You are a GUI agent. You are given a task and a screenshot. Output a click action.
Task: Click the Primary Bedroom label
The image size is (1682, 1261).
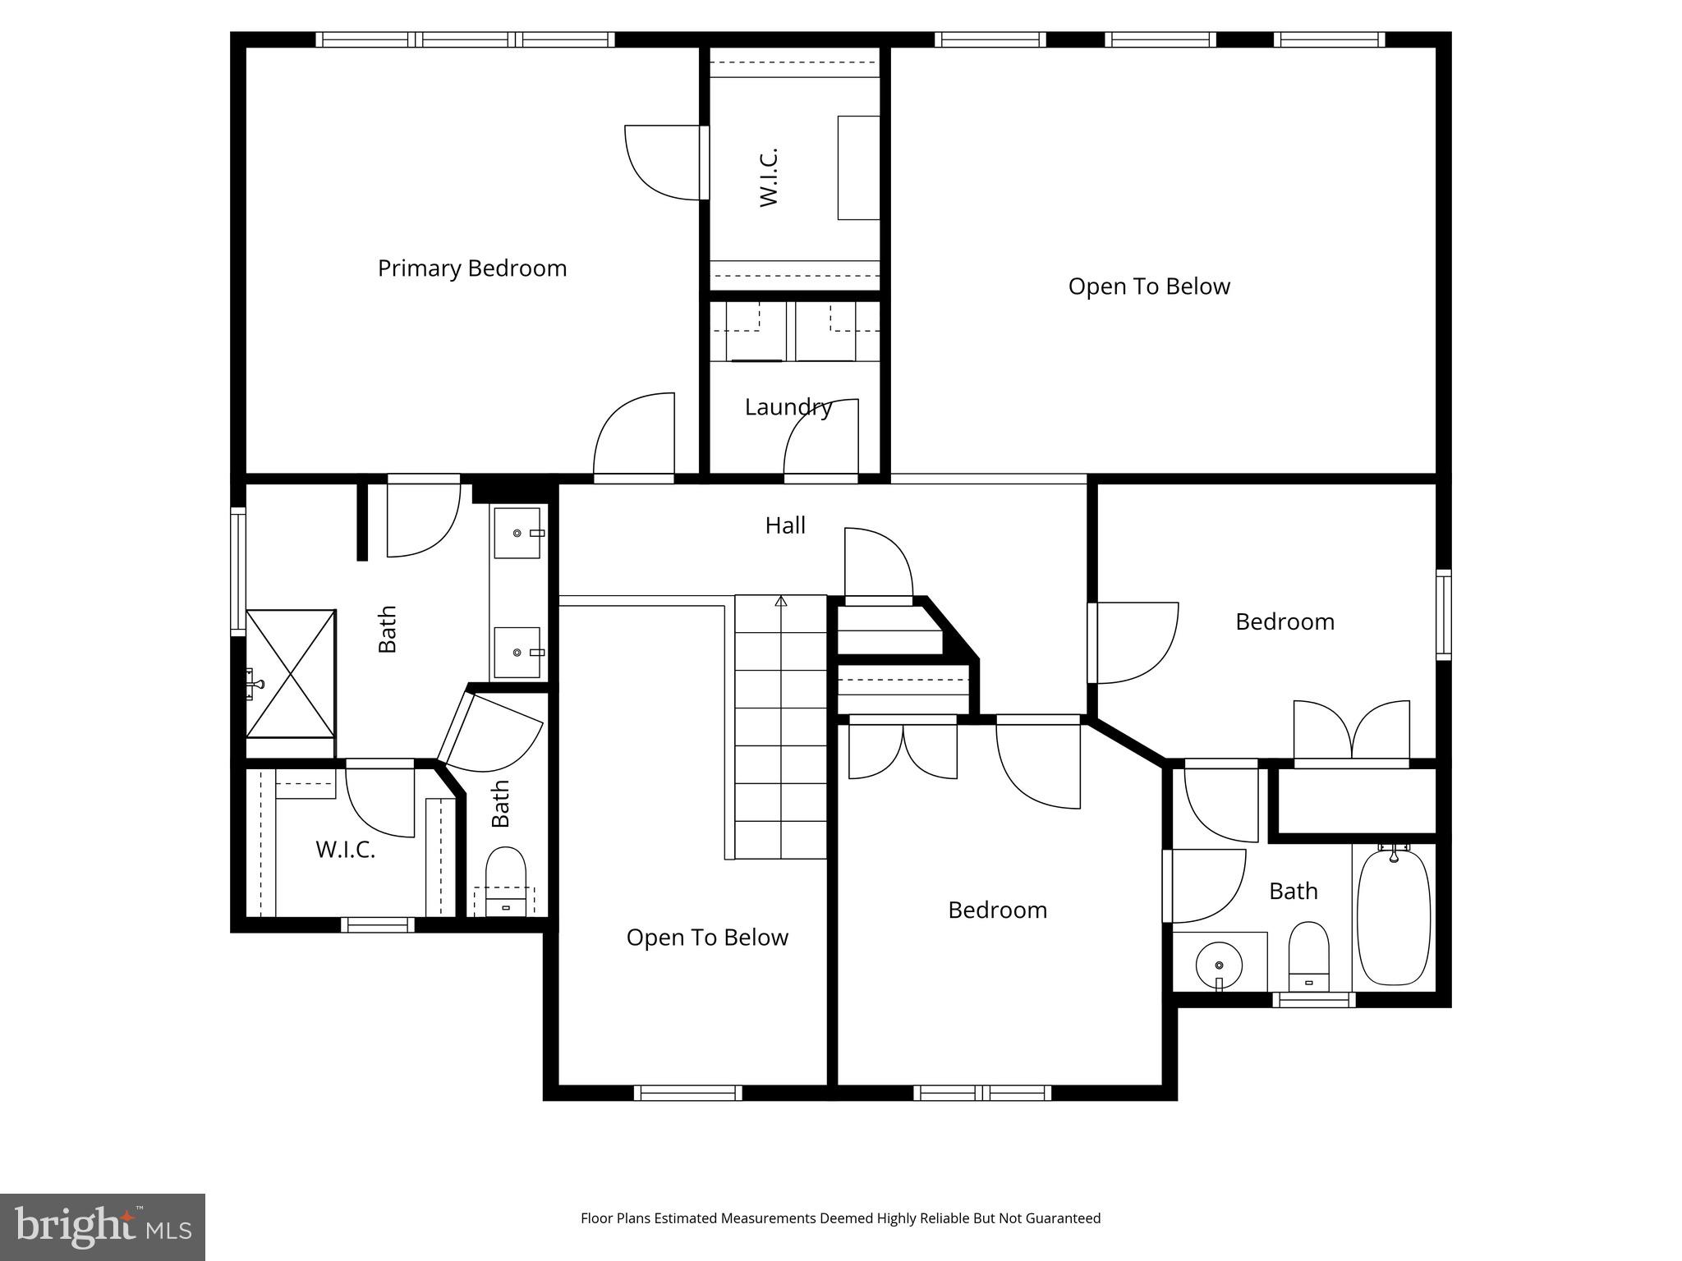(x=471, y=268)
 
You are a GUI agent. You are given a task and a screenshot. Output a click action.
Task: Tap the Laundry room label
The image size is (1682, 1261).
(x=788, y=407)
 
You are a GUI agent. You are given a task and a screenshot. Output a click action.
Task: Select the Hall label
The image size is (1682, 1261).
(x=785, y=525)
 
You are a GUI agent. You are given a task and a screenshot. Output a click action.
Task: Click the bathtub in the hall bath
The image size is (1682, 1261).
(x=1393, y=917)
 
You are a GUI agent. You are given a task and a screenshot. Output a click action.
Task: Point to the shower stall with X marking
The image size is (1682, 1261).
(x=292, y=673)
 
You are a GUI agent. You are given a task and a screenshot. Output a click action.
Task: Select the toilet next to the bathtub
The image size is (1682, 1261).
(x=1308, y=956)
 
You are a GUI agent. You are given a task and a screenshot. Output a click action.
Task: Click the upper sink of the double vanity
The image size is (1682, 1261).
(x=517, y=533)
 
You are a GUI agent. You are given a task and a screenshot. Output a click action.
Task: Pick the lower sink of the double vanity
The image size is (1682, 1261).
(x=517, y=652)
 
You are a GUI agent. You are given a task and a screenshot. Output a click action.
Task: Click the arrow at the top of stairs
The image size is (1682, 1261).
(x=781, y=602)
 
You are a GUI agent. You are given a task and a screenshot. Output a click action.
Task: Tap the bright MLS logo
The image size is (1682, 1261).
(x=103, y=1227)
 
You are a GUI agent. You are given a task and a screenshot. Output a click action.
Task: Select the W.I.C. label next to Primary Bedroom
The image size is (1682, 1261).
(x=769, y=177)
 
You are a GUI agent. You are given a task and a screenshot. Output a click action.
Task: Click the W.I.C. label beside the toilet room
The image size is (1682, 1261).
(x=345, y=850)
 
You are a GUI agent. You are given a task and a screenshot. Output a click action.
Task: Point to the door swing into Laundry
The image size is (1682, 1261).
(x=820, y=437)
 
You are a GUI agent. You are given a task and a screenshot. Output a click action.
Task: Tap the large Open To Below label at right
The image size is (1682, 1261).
(x=1148, y=287)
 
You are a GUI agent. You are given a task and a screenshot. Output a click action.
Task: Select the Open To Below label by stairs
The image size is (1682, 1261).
(x=707, y=938)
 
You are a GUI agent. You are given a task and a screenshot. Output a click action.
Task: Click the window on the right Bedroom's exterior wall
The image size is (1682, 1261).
(x=1443, y=614)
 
